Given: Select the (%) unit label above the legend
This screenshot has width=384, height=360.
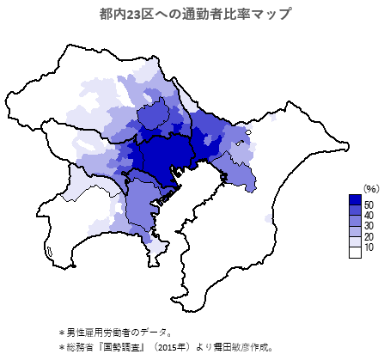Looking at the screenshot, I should (370, 188).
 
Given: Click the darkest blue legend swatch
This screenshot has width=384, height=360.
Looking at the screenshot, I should (355, 200).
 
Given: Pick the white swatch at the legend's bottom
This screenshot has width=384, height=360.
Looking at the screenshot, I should (355, 252).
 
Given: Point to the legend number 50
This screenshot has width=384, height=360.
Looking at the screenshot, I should (369, 204).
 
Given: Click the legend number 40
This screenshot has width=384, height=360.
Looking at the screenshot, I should (369, 216).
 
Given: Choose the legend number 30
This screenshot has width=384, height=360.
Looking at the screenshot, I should (369, 227).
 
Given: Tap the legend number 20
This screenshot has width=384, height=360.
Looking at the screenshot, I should (369, 237).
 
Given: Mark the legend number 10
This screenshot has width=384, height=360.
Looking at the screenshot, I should (369, 248).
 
